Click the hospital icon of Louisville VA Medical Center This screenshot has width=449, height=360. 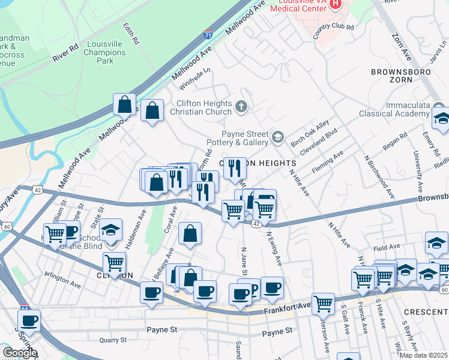click(336, 4)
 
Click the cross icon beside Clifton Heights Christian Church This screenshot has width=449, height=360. click(241, 107)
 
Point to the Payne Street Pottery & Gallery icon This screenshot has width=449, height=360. click(277, 138)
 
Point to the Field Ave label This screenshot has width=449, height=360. click(387, 247)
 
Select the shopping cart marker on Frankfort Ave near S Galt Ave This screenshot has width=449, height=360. click(323, 304)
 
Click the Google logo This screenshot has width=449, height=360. click(20, 353)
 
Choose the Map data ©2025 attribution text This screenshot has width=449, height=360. click(423, 355)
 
